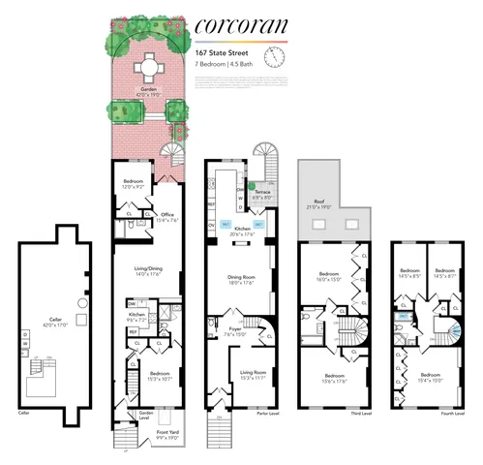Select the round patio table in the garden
(148, 68)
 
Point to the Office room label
(166, 216)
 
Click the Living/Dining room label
(146, 273)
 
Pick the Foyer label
(234, 331)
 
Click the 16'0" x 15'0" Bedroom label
(332, 278)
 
